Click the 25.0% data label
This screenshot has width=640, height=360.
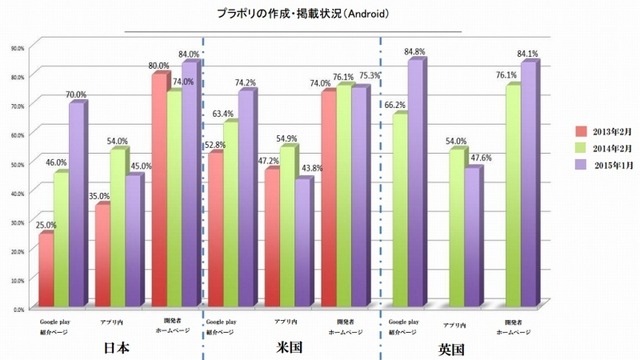point(46,226)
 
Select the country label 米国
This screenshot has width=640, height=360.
point(289,346)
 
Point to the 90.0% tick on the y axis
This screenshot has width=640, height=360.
point(17,46)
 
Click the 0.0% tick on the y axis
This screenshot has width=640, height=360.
point(18,310)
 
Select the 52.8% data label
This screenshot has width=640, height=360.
point(213,144)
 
